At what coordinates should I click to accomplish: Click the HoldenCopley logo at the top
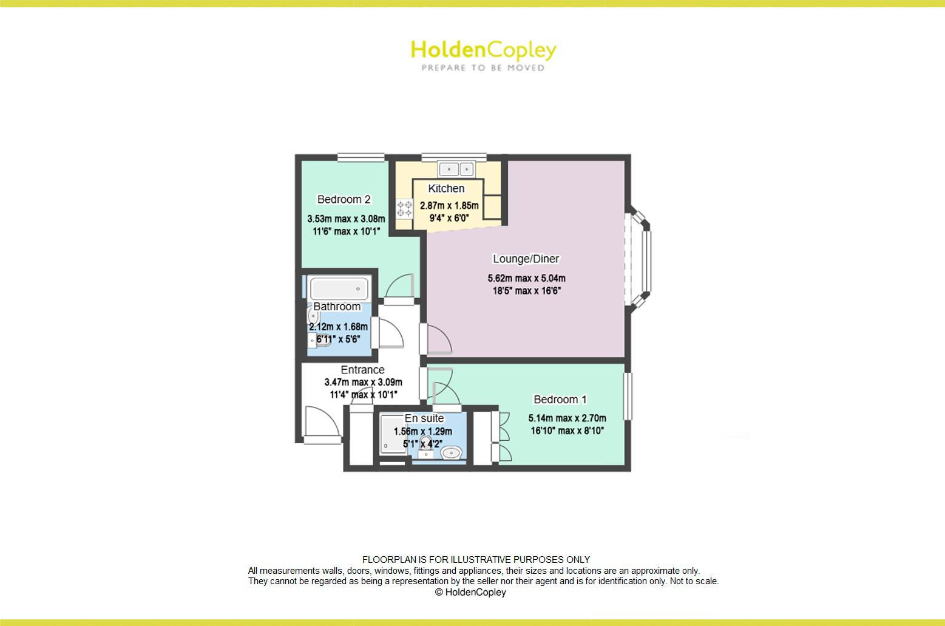[x=483, y=50]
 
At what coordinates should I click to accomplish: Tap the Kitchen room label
[x=446, y=188]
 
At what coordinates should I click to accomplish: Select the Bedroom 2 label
[x=344, y=199]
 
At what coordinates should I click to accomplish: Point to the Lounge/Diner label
[x=526, y=259]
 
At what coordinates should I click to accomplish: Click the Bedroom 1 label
[x=560, y=399]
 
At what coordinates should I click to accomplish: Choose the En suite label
[x=424, y=418]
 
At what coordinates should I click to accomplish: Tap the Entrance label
[x=362, y=370]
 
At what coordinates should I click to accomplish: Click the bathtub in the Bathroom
[x=339, y=288]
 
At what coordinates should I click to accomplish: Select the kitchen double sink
[x=456, y=168]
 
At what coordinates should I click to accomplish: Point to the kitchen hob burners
[x=404, y=209]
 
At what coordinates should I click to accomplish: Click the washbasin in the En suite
[x=451, y=452]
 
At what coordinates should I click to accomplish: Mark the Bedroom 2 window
[x=361, y=158]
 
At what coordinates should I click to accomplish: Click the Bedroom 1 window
[x=628, y=396]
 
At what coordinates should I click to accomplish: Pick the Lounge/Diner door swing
[x=439, y=340]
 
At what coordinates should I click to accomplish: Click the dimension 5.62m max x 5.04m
[x=526, y=279]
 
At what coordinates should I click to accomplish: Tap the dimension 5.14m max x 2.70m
[x=567, y=418]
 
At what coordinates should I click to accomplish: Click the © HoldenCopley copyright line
[x=470, y=592]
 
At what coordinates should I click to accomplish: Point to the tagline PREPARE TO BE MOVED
[x=483, y=68]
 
